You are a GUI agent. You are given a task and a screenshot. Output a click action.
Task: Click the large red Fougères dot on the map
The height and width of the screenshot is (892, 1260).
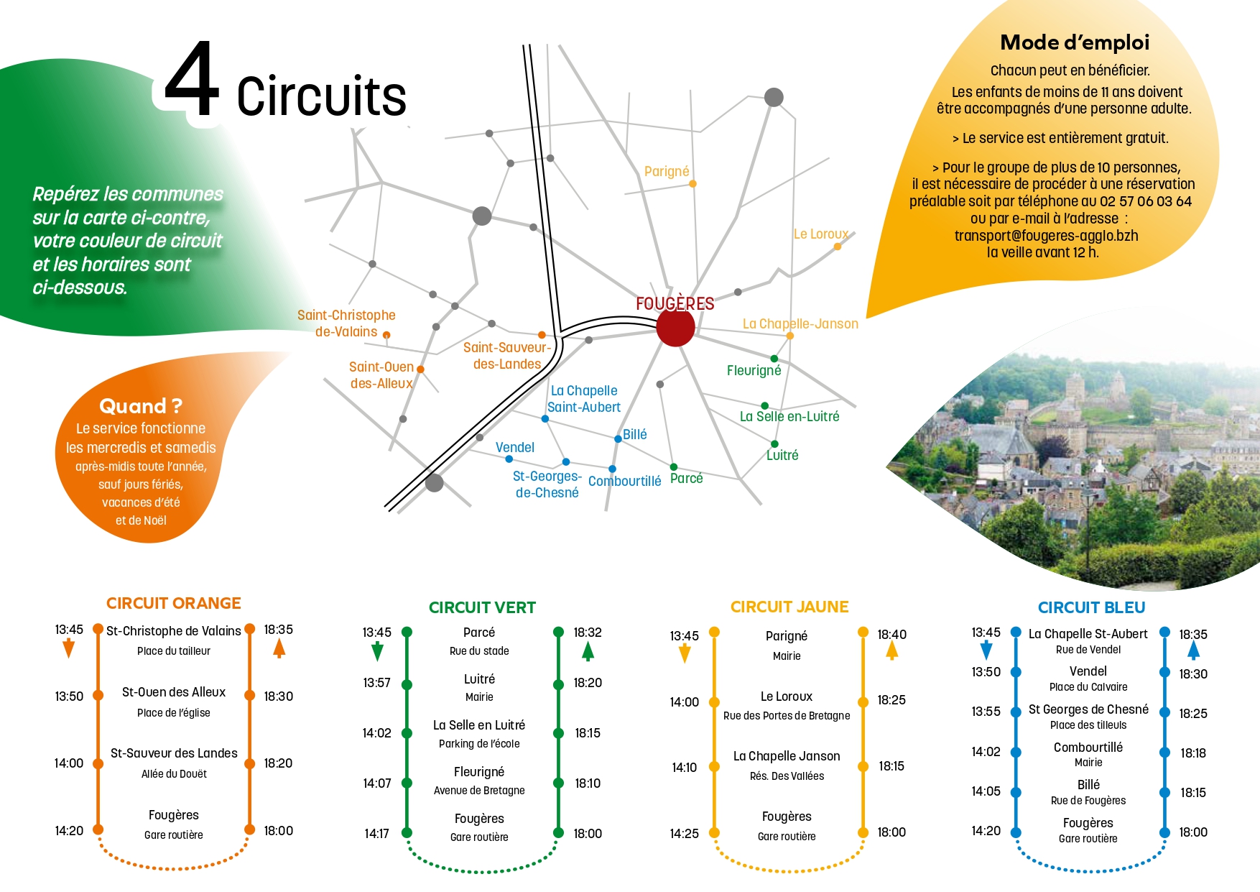675,327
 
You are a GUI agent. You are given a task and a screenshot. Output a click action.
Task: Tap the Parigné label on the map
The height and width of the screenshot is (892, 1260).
667,172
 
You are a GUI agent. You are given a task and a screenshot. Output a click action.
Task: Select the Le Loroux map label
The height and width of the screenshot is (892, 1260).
820,234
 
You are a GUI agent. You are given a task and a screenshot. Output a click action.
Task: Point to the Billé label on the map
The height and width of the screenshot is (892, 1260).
635,435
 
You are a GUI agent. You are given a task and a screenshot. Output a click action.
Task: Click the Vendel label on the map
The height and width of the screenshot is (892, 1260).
515,448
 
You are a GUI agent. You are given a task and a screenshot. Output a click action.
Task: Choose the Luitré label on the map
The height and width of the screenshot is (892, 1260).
782,456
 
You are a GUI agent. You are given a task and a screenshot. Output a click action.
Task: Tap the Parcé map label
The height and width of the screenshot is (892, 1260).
686,479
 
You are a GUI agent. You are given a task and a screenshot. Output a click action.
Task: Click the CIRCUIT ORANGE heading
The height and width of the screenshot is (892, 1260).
174,604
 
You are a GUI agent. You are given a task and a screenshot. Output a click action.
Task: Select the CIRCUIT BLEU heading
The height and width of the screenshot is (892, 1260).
1091,608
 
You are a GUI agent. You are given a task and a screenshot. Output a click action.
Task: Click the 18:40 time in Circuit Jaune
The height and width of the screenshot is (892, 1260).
891,635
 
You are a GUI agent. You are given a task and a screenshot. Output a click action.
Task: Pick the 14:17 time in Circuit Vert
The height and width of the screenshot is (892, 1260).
376,834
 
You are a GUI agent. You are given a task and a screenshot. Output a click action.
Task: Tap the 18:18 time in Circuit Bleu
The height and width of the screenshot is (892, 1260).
1193,753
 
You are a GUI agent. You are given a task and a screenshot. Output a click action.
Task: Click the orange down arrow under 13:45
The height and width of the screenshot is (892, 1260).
69,649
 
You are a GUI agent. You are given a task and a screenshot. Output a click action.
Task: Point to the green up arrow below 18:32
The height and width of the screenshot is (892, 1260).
588,651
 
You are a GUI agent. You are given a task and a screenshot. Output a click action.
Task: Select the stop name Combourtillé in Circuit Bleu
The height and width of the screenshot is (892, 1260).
1088,748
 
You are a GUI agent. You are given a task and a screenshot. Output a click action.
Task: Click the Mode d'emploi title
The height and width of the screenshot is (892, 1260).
1075,43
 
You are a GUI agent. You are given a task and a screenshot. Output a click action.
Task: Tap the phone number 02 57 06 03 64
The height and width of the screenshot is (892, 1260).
1146,202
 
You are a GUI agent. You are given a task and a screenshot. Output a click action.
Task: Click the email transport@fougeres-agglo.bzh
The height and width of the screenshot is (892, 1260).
1046,236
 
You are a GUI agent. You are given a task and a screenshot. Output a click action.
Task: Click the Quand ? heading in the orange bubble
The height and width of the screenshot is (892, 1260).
141,407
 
